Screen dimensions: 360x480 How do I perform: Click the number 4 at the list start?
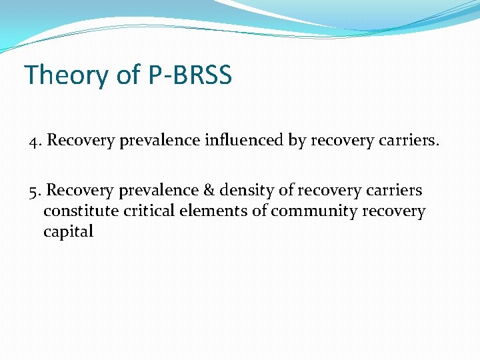click(x=33, y=141)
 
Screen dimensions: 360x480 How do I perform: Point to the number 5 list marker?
click(x=33, y=191)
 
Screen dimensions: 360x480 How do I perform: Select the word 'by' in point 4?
click(x=297, y=141)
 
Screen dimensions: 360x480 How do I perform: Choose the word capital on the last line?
click(x=69, y=232)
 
